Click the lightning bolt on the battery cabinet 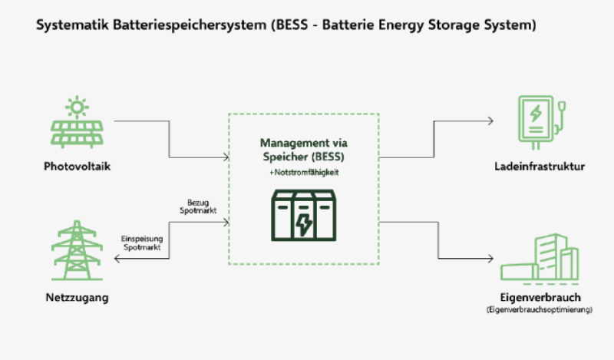click(305, 224)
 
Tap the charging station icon click(540, 121)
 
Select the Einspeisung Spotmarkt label click(141, 243)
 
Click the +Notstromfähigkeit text click(305, 173)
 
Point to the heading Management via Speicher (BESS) click(305, 149)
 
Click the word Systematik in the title click(70, 25)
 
